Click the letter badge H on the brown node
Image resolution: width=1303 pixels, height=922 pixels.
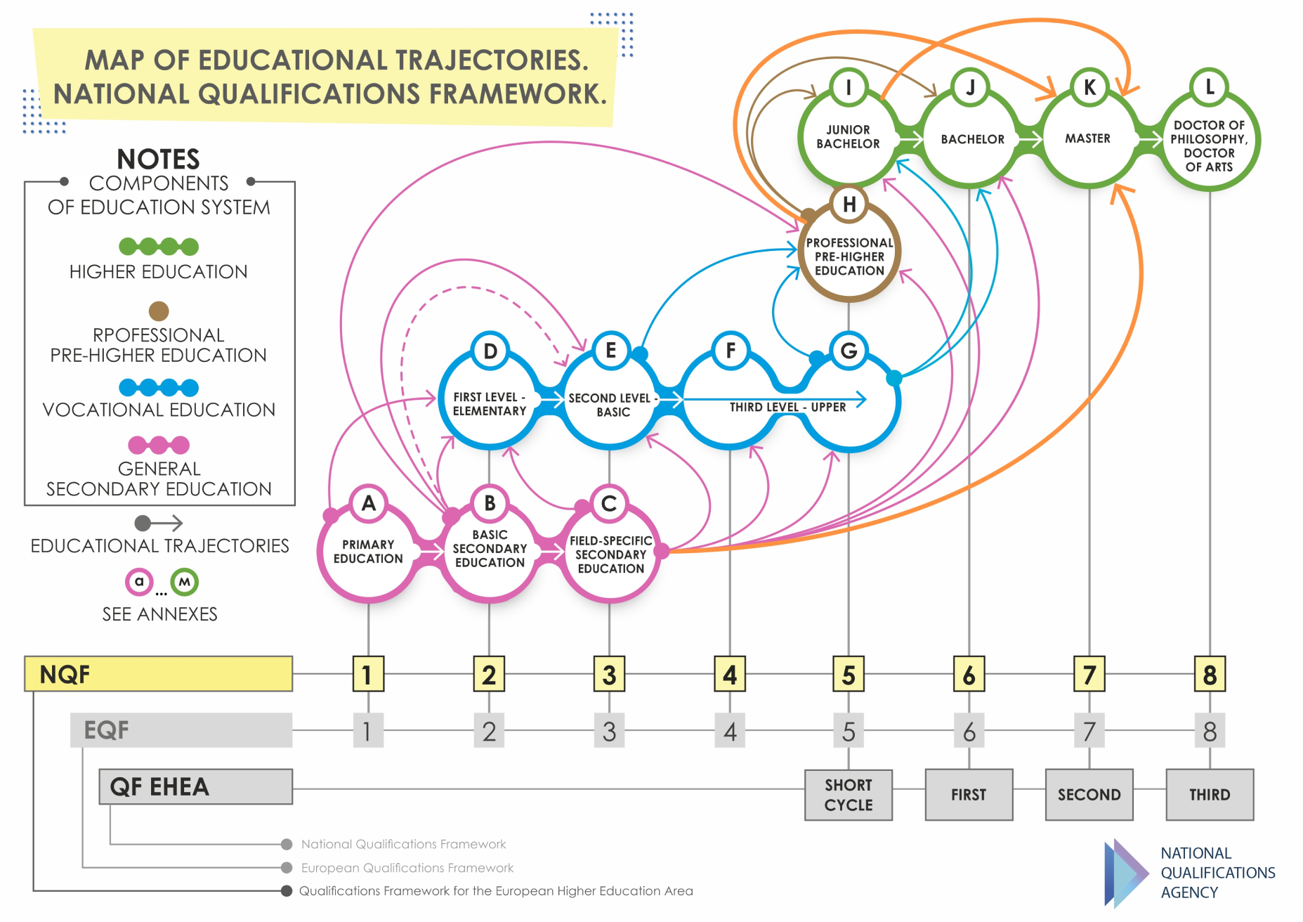pos(849,204)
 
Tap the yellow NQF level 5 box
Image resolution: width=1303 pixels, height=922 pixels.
pos(849,675)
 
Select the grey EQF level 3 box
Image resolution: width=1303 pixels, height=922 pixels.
pos(609,732)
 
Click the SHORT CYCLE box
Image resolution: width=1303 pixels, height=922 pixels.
pos(849,795)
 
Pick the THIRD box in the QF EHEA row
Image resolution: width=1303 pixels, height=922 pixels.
pos(1210,795)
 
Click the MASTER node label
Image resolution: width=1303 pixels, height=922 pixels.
pos(1087,138)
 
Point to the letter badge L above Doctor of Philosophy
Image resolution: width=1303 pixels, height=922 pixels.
pos(1210,87)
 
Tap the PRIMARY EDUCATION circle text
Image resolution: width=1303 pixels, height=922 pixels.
pos(368,552)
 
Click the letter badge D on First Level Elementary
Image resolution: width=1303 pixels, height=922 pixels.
pos(490,351)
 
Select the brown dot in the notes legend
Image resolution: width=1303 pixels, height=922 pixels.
pos(159,311)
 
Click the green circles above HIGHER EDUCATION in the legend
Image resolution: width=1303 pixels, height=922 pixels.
pos(159,247)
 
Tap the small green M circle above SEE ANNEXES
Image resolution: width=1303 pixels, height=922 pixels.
pos(184,582)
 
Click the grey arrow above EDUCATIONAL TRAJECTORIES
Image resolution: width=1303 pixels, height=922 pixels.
pos(159,523)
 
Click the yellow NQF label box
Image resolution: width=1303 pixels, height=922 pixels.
pos(159,674)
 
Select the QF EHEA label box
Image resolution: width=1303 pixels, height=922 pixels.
pos(195,786)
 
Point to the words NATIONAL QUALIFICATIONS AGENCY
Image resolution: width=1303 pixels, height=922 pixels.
pos(1217,873)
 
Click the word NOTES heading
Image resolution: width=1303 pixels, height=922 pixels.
pos(158,159)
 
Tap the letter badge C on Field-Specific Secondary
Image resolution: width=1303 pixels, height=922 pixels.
pos(609,503)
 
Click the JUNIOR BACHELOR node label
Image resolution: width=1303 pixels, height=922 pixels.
pos(848,137)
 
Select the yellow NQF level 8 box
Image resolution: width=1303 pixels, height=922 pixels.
pos(1210,675)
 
